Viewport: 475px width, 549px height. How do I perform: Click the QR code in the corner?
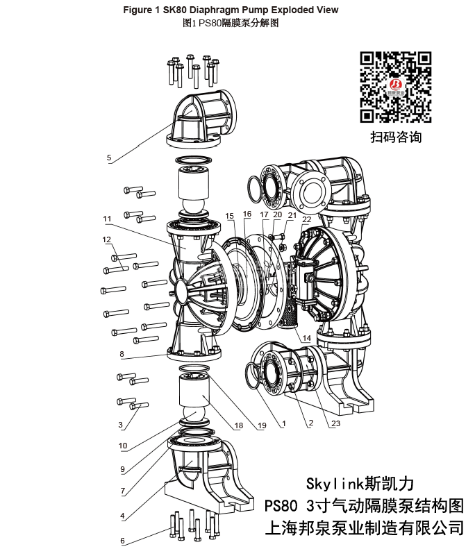point(396,87)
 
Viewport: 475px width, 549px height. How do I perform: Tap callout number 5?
point(109,158)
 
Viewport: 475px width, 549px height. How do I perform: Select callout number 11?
point(108,219)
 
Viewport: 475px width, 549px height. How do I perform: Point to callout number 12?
point(107,239)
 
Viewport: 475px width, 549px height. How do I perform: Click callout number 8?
point(122,354)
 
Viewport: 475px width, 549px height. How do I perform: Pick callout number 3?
point(120,424)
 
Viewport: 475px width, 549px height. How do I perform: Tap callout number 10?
point(122,446)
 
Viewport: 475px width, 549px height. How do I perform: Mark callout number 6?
point(122,541)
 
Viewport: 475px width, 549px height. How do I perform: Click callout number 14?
point(306,338)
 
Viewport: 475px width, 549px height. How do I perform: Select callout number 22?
point(306,219)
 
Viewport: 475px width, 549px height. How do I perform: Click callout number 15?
point(230,216)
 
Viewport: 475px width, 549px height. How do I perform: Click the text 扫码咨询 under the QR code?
point(395,137)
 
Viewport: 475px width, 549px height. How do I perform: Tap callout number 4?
point(122,516)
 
